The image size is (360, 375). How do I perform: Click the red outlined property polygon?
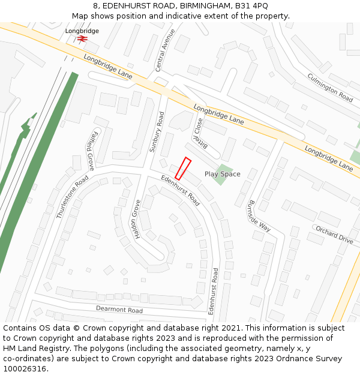(183, 168)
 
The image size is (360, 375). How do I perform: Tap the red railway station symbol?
(82, 38)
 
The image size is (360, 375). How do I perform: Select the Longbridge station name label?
(82, 31)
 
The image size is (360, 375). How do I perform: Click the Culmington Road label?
(330, 87)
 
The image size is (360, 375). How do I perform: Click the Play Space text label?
(222, 174)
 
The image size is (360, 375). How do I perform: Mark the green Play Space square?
(224, 174)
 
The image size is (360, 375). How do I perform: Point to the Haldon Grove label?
(135, 222)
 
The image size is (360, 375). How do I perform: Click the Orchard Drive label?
(334, 235)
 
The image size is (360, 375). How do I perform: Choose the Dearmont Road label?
(119, 310)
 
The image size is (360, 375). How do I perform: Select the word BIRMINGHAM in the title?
(195, 6)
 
